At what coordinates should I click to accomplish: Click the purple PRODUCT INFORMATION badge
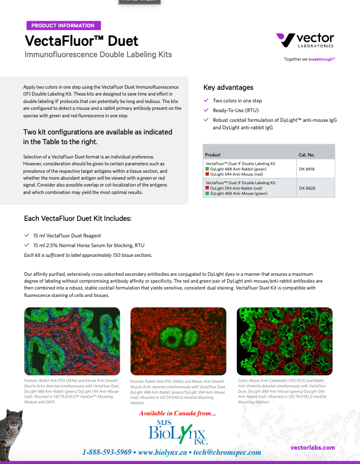click(x=63, y=26)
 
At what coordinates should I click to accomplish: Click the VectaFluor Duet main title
click(x=81, y=41)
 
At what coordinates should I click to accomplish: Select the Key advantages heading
click(x=228, y=88)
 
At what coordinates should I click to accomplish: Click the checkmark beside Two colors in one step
click(x=207, y=100)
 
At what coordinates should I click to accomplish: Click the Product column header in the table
click(x=213, y=154)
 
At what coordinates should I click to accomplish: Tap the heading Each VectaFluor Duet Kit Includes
click(x=78, y=219)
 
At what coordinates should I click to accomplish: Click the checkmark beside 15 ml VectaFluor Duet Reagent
click(x=26, y=235)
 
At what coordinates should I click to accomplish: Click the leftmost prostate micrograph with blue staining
click(x=72, y=341)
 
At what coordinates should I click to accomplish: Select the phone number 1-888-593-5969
click(x=107, y=452)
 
